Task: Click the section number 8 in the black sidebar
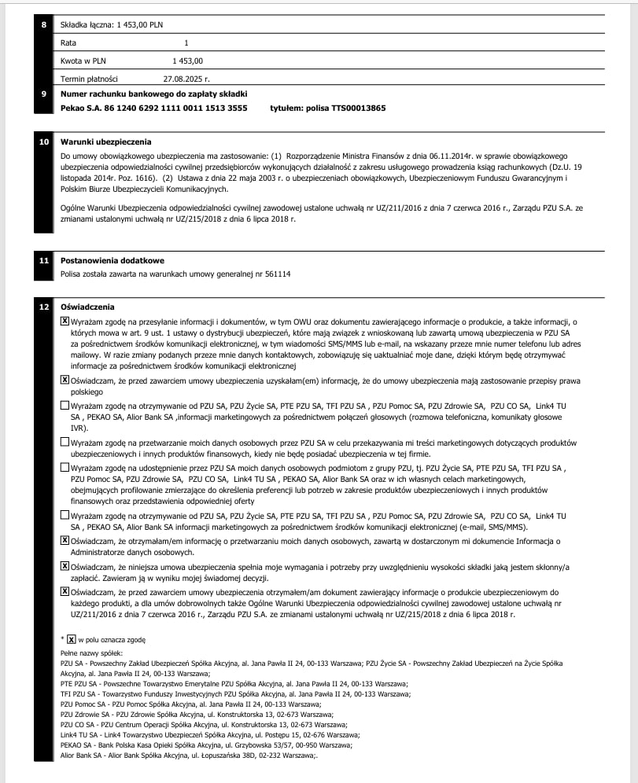(44, 25)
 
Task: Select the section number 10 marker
(44, 142)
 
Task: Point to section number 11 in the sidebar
(44, 261)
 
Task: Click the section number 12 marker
(44, 307)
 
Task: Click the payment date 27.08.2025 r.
(186, 79)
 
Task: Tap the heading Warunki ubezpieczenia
(106, 142)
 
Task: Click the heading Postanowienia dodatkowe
(112, 261)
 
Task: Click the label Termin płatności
(89, 79)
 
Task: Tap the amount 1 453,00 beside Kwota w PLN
(188, 61)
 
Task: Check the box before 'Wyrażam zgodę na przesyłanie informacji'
(65, 322)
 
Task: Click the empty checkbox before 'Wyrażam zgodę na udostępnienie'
(65, 467)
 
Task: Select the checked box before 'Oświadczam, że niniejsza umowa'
(65, 565)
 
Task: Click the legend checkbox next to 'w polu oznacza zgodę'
(72, 640)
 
